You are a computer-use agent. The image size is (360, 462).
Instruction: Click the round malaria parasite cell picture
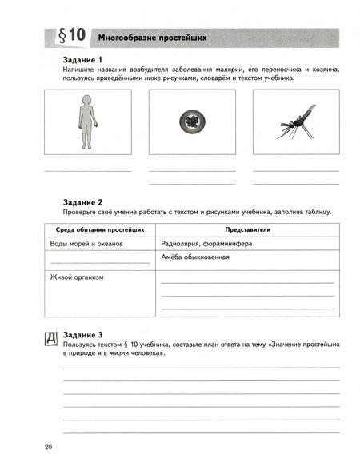click(x=190, y=121)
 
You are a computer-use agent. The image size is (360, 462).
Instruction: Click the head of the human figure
click(x=86, y=99)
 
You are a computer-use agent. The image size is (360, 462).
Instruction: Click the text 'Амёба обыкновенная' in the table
click(x=195, y=257)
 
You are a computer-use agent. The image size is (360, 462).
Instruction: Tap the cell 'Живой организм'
click(x=77, y=277)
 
